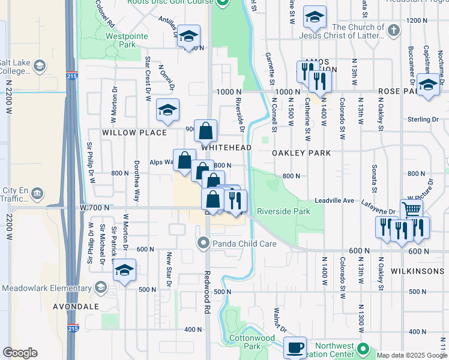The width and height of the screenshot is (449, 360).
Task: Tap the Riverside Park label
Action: (x=283, y=211)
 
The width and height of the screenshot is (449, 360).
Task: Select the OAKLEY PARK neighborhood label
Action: (x=301, y=153)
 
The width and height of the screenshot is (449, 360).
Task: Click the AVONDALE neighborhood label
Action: (x=75, y=306)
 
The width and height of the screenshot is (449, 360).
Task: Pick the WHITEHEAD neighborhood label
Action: (x=226, y=148)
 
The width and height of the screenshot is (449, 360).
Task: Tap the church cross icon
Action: (x=393, y=29)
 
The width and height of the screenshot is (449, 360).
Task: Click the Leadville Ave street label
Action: (x=337, y=201)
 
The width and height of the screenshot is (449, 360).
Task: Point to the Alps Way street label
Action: (x=161, y=162)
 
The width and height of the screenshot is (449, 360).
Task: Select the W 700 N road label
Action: (x=95, y=207)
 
